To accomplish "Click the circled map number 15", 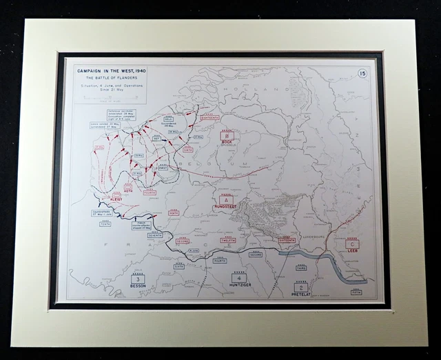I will [362, 73].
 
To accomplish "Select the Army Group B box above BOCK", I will [227, 137].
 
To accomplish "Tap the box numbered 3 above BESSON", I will [138, 279].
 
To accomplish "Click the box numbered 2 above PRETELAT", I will [300, 287].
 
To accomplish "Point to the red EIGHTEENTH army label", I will [209, 118].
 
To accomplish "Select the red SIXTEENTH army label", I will [287, 240].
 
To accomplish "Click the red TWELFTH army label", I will [228, 240].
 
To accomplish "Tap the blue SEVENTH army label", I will [155, 236].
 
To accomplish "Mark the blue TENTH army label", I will [105, 224].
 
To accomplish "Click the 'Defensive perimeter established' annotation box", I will [121, 113].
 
